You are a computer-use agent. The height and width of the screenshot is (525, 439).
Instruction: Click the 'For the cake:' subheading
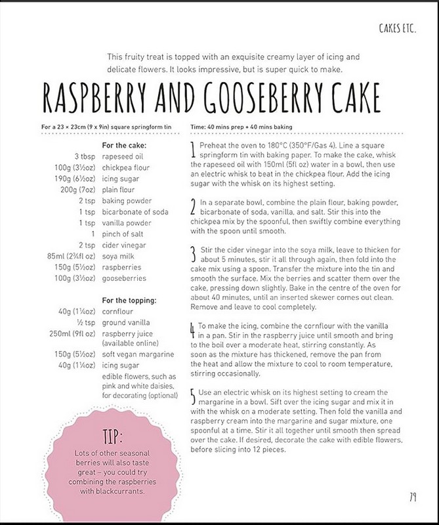[126, 145]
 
